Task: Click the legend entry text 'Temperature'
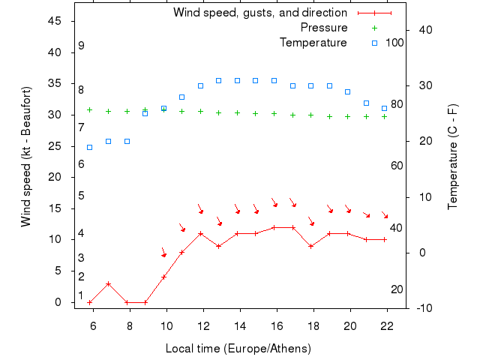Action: click(x=313, y=43)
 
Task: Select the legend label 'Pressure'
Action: click(x=323, y=28)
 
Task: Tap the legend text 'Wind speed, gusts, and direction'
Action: click(x=259, y=13)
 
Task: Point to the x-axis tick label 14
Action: click(x=240, y=325)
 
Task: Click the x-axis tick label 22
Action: click(x=387, y=325)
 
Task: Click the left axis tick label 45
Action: click(x=55, y=21)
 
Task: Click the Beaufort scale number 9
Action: click(x=81, y=46)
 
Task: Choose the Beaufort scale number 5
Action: click(x=81, y=196)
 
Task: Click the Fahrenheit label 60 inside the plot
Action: click(x=397, y=166)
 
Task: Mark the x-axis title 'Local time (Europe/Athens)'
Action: click(x=238, y=349)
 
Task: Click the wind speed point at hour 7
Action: click(x=109, y=283)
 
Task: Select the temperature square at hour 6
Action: click(x=90, y=147)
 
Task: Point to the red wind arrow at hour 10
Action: click(x=163, y=253)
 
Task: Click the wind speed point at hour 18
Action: click(x=310, y=246)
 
